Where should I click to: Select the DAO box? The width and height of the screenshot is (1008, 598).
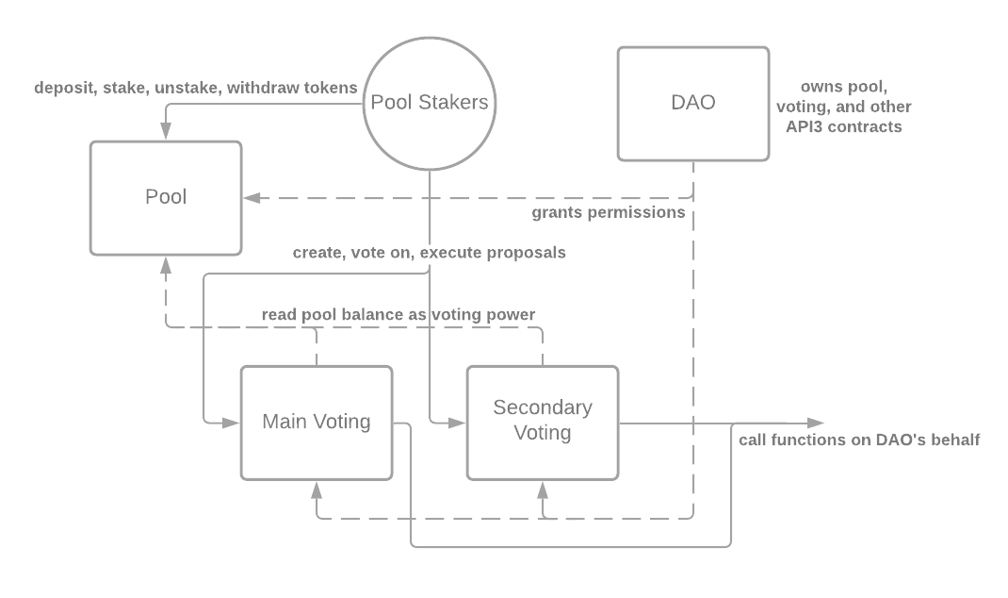click(x=693, y=104)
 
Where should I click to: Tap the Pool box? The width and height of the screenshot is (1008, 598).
click(x=166, y=197)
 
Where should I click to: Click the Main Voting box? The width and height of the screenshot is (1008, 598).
click(x=316, y=422)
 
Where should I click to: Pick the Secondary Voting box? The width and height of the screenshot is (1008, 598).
click(x=543, y=421)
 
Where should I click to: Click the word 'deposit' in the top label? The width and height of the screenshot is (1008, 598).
click(x=63, y=88)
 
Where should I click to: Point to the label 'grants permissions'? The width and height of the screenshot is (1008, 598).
click(x=609, y=213)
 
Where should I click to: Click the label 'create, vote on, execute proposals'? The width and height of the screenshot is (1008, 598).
click(x=429, y=253)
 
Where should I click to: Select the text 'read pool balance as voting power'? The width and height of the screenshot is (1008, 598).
click(x=398, y=314)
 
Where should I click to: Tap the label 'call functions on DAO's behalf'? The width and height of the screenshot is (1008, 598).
click(x=859, y=440)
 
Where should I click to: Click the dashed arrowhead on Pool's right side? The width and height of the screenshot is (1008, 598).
click(x=252, y=198)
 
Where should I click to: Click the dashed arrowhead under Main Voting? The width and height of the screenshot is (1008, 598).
click(x=317, y=488)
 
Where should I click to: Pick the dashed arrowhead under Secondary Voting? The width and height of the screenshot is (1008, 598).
click(x=543, y=488)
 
